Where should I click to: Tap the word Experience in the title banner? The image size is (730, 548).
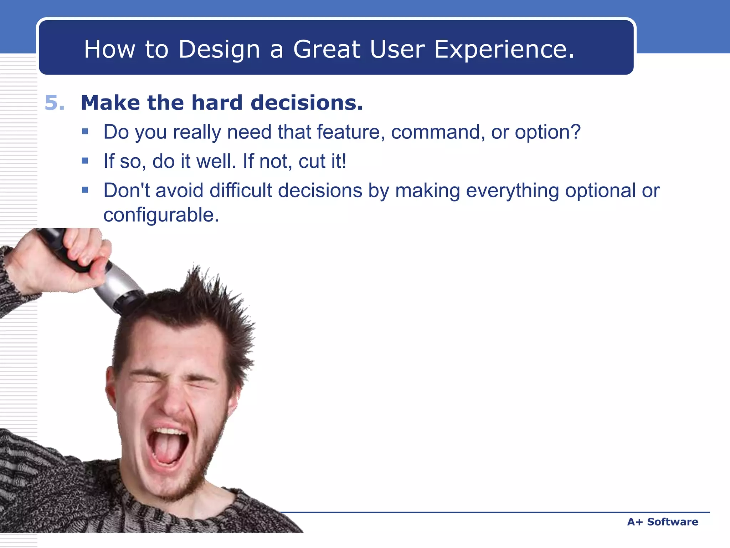[504, 49]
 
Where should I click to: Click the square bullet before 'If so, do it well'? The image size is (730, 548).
[85, 161]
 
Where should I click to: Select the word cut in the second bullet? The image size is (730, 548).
[312, 162]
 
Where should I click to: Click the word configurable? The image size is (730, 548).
[161, 215]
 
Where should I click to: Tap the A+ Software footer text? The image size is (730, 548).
[662, 522]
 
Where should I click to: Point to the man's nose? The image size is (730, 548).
[175, 403]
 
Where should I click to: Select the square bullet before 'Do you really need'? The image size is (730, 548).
[85, 132]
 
